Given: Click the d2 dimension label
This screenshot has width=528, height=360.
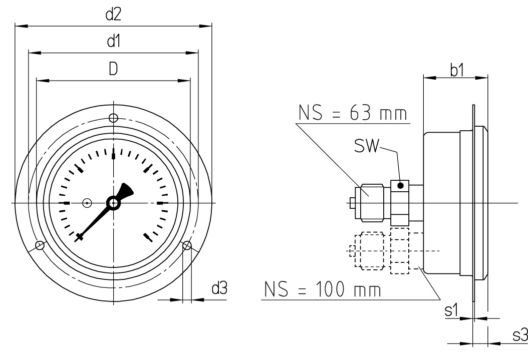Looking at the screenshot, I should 114,15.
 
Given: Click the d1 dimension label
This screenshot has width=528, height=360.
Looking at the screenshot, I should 114,42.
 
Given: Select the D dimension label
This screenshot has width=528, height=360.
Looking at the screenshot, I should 114,69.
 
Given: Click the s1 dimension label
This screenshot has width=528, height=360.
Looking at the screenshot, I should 452,310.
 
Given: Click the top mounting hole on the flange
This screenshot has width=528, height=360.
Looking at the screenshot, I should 114,118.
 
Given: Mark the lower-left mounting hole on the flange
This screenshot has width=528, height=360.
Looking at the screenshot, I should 40,245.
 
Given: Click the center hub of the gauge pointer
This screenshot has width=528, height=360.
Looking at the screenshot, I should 113,203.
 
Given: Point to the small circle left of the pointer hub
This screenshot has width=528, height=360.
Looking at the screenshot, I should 87,203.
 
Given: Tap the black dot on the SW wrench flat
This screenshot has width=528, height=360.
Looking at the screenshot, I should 400,186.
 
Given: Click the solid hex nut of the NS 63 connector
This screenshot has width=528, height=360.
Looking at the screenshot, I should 371,202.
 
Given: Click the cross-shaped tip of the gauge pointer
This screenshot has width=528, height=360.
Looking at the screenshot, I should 79,238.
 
